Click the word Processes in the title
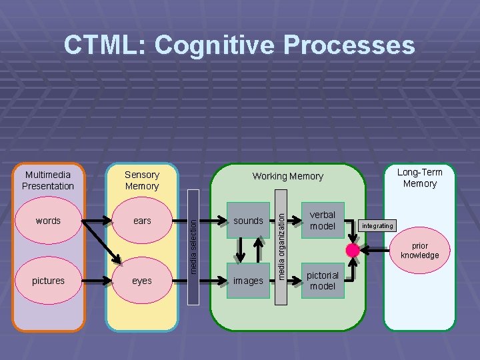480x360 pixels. (x=349, y=45)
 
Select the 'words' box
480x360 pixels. (x=48, y=221)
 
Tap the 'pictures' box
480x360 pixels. (x=48, y=281)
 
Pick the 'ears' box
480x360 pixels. (x=142, y=221)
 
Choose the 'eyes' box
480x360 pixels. (x=142, y=281)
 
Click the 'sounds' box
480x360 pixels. (x=248, y=221)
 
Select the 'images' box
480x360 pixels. (x=248, y=281)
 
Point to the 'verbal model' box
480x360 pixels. (x=323, y=221)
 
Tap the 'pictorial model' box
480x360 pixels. (x=323, y=281)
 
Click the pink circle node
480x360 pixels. (x=353, y=251)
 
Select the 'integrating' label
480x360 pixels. (x=377, y=226)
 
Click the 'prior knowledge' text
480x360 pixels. (x=420, y=251)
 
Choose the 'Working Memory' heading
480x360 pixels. (x=287, y=177)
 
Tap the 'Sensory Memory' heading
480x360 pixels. (x=142, y=181)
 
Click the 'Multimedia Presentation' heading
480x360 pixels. (x=48, y=181)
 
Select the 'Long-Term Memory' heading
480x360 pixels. (x=420, y=178)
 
